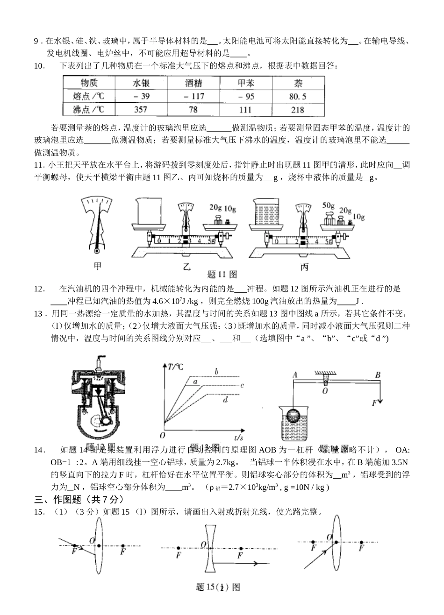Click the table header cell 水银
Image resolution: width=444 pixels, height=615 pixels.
tap(141, 83)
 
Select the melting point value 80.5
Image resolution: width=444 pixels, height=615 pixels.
tap(298, 96)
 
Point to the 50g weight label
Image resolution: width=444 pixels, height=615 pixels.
tap(329, 205)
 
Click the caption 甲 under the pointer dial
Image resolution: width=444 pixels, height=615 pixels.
tap(98, 266)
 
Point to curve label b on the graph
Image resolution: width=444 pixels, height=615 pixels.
tap(216, 372)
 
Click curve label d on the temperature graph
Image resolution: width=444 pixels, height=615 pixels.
tap(225, 400)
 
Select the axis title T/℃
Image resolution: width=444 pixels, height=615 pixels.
tap(175, 367)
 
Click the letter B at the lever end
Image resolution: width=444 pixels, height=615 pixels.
tap(378, 375)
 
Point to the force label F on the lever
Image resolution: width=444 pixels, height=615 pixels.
tap(374, 403)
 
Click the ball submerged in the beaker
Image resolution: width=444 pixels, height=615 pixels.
tap(294, 415)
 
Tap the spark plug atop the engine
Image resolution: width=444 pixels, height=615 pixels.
tap(99, 363)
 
